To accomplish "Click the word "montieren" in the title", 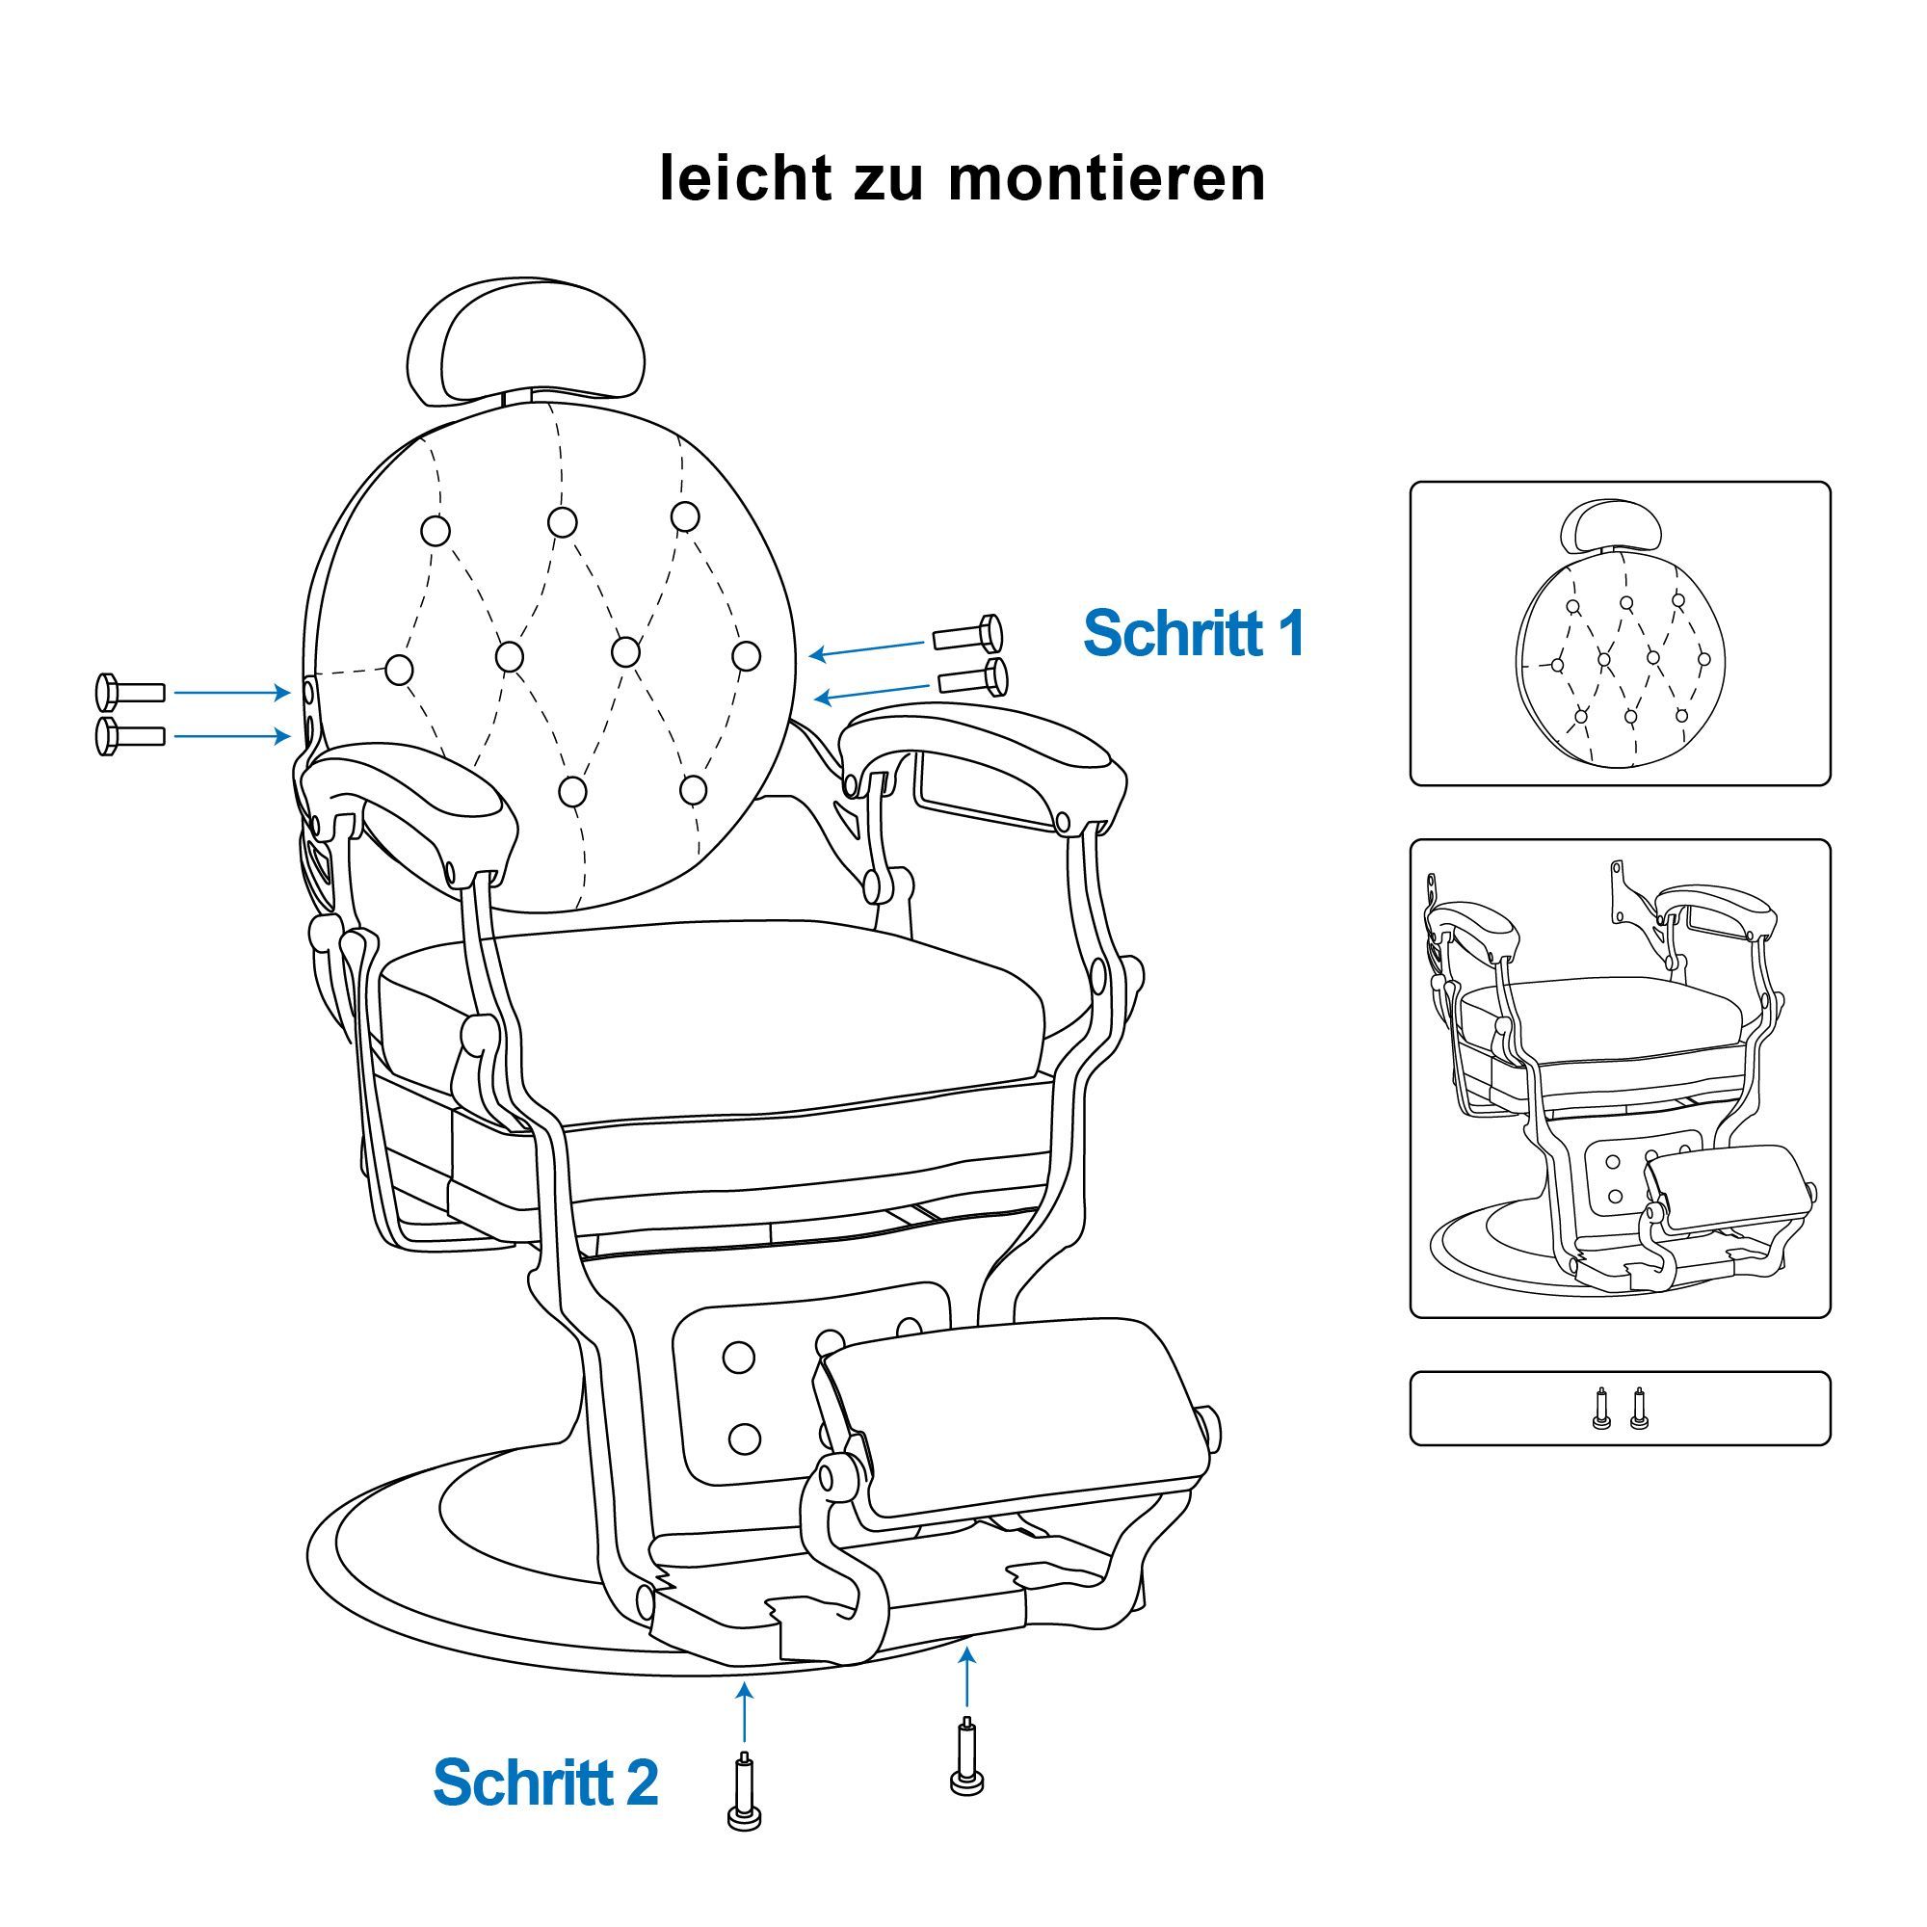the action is click(x=1107, y=179).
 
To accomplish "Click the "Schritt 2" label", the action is click(x=545, y=1782).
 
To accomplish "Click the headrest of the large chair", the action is click(x=525, y=342).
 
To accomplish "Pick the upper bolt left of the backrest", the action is click(x=130, y=690).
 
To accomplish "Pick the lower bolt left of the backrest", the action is click(x=130, y=736).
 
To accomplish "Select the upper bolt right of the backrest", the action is click(x=967, y=633).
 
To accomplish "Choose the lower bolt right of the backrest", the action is click(x=973, y=676).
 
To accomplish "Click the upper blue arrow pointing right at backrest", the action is click(x=232, y=691).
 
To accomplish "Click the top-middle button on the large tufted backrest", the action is click(x=563, y=521).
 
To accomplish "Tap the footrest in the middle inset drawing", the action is click(x=1727, y=1189).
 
